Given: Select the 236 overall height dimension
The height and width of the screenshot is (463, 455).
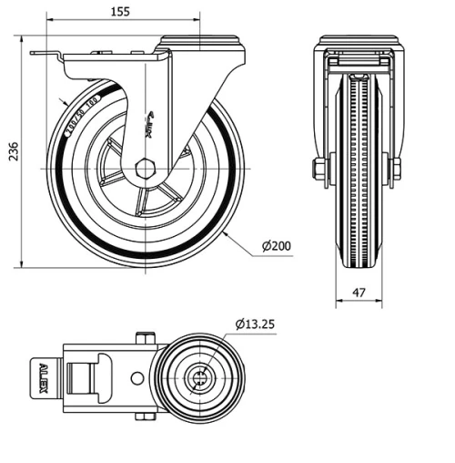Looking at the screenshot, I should pos(12,154).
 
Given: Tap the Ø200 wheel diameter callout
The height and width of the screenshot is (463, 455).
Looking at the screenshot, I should pos(276,246).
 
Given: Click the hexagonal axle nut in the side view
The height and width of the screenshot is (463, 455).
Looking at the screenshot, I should pos(146,169).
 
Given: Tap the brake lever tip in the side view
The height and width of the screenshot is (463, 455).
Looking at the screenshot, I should pos(36,57).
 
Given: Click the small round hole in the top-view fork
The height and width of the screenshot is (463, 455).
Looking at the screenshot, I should pos(136,377).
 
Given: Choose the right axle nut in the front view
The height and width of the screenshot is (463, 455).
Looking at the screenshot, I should pos(397,170).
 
